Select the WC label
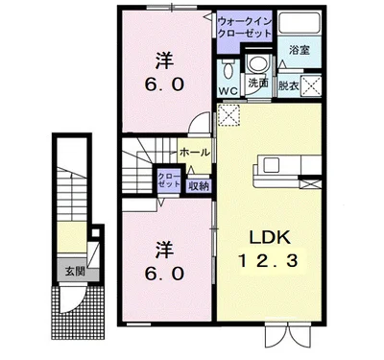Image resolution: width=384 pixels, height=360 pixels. click(228, 91)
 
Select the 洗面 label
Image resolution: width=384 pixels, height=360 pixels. click(257, 84)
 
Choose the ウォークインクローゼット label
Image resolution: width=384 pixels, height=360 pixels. click(246, 26)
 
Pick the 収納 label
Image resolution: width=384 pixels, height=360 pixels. click(198, 186)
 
